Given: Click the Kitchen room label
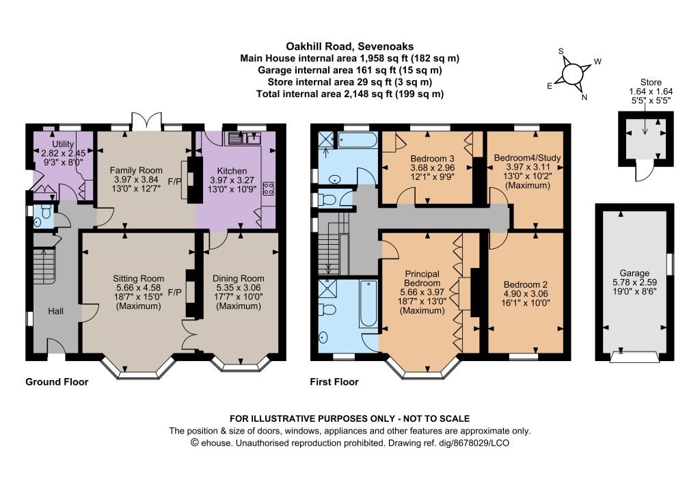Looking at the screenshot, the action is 232,171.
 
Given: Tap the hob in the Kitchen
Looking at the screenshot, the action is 269,189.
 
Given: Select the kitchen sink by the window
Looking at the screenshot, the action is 244,138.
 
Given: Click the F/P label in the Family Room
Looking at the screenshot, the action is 174,182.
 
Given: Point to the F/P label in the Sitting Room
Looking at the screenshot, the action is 174,293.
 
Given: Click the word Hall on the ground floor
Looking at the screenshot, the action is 56,312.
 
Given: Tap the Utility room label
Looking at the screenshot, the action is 63,144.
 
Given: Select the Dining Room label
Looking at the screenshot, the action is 238,278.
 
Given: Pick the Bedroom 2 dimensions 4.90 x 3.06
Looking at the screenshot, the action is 526,294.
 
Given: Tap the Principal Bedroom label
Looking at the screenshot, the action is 422,278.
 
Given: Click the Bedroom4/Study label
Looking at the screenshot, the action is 527,157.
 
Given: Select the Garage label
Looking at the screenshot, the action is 634,273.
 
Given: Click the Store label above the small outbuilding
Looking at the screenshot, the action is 651,82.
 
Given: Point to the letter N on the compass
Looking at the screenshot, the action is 584,97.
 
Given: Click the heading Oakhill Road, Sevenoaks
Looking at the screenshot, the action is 349,46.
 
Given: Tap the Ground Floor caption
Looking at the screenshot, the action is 57,382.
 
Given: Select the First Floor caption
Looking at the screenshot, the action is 334,382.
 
